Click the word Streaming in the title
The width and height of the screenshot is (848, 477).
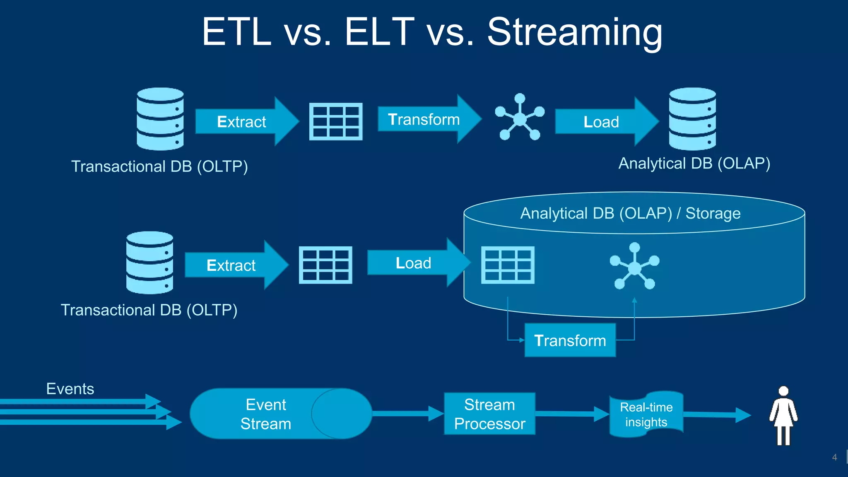click(x=574, y=32)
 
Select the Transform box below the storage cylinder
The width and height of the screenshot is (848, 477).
click(x=570, y=340)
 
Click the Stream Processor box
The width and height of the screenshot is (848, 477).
click(x=489, y=414)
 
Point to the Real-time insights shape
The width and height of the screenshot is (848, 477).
click(x=646, y=414)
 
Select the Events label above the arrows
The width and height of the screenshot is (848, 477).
click(x=70, y=389)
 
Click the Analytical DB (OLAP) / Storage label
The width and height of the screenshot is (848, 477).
click(x=630, y=213)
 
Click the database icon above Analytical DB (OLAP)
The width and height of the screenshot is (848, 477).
click(x=692, y=119)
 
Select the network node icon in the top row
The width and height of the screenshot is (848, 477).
click(x=519, y=118)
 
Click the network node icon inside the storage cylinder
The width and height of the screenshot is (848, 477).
click(x=634, y=267)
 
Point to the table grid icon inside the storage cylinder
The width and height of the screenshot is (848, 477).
click(x=508, y=265)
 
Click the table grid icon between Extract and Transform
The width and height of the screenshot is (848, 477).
click(x=336, y=122)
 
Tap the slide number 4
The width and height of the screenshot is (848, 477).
click(x=834, y=458)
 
